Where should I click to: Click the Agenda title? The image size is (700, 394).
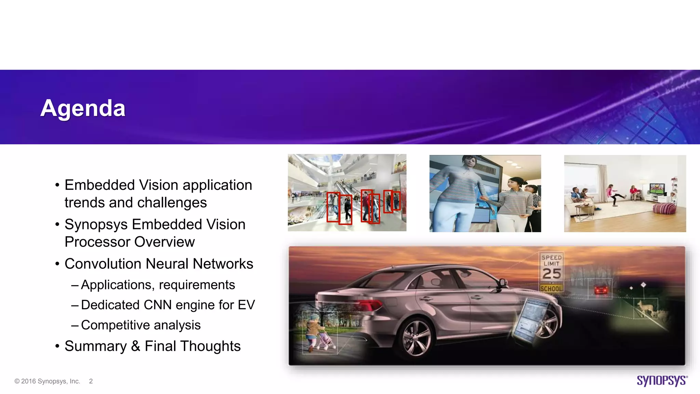[x=83, y=108]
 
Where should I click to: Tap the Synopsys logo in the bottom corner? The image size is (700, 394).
[x=662, y=381]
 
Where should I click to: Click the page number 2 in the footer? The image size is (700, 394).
[x=91, y=381]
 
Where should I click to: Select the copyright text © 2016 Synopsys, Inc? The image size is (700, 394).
[x=47, y=381]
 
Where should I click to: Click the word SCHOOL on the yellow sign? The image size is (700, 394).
[x=551, y=289]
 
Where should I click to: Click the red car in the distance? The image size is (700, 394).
[x=601, y=290]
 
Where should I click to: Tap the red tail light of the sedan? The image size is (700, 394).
[x=369, y=304]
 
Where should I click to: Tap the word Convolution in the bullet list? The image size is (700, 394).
[x=103, y=264]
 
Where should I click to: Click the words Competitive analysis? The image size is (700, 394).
[x=141, y=325]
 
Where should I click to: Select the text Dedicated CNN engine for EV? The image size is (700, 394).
[x=168, y=305]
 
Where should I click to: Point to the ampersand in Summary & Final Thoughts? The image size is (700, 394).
[x=135, y=346]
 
